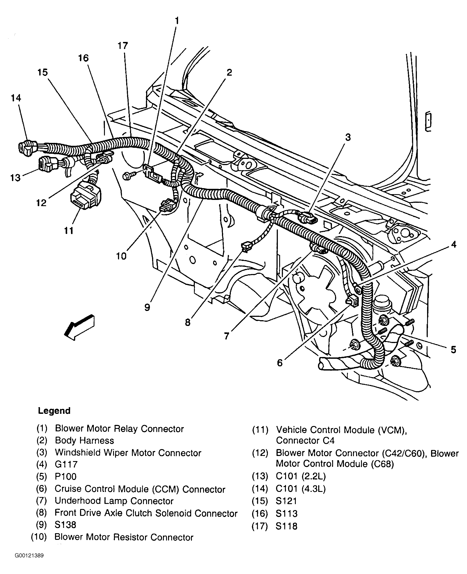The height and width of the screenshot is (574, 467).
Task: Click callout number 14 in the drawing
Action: [x=16, y=98]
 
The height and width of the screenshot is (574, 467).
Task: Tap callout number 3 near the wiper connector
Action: [x=348, y=137]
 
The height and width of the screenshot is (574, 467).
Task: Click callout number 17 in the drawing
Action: [x=123, y=46]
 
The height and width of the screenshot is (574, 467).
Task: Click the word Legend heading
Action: [x=54, y=411]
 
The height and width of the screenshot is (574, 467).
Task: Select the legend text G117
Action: [x=66, y=464]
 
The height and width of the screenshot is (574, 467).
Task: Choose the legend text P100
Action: [x=66, y=477]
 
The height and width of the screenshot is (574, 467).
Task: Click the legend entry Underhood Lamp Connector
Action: [x=114, y=501]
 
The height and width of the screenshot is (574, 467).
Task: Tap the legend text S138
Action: [x=65, y=525]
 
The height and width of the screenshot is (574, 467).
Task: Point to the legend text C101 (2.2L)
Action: [x=301, y=476]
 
